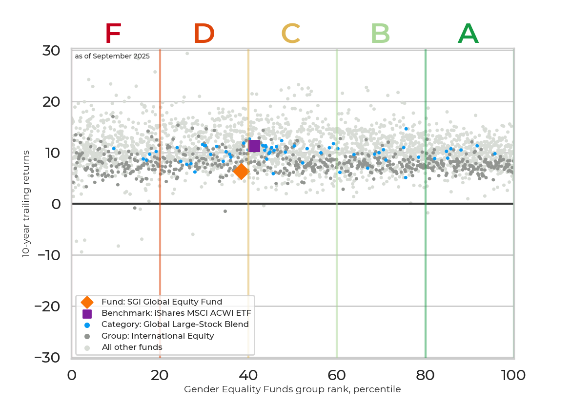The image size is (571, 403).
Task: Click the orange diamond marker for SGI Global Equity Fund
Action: click(x=241, y=172)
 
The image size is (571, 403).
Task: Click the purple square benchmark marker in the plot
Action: click(x=254, y=145)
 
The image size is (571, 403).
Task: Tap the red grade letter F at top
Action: click(x=113, y=34)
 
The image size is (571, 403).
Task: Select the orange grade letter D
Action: click(x=204, y=34)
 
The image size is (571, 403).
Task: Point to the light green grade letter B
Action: click(x=380, y=34)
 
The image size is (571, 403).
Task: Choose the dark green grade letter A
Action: click(x=468, y=34)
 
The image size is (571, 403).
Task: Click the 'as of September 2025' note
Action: click(x=112, y=56)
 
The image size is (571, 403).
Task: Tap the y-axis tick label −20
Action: click(x=48, y=306)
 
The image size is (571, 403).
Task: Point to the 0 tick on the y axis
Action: click(x=56, y=204)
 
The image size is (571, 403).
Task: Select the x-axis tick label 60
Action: click(x=336, y=375)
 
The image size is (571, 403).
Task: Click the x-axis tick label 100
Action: click(x=513, y=375)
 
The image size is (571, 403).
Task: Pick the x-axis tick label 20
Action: click(x=160, y=375)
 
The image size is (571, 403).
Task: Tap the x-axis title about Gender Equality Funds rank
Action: click(x=292, y=389)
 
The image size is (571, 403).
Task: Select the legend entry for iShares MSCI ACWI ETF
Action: click(x=179, y=313)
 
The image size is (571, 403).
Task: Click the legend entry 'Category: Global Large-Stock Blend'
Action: click(x=175, y=325)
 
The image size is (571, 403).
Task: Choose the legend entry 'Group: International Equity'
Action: click(x=157, y=336)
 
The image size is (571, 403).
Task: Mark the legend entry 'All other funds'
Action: click(x=132, y=347)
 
